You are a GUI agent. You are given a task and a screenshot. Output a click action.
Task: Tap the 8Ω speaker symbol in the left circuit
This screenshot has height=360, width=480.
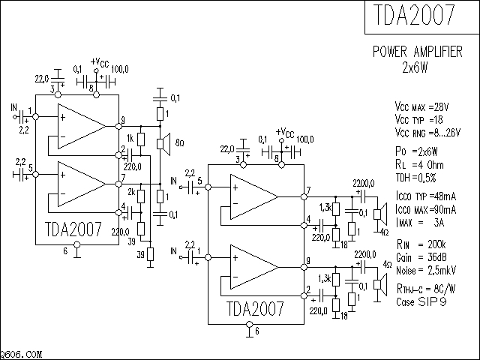[160, 142]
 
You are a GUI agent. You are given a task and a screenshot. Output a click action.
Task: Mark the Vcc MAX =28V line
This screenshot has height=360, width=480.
[424, 106]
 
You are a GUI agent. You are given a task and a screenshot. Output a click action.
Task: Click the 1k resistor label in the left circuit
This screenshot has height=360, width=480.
[130, 138]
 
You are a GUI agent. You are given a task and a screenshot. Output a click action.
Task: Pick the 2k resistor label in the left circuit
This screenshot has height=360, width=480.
[130, 192]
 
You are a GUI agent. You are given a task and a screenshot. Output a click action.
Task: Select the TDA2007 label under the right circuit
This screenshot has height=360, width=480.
[256, 309]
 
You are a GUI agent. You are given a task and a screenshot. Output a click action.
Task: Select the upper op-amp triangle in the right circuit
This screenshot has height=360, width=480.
[251, 198]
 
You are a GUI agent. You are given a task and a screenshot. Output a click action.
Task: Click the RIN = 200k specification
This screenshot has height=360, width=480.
[421, 243]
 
